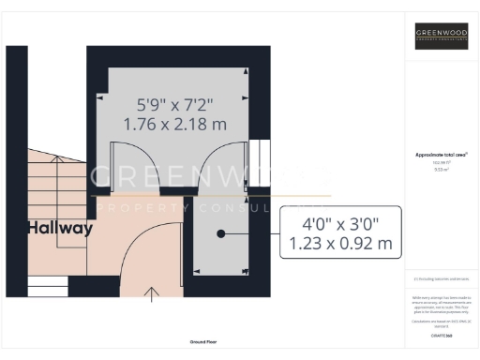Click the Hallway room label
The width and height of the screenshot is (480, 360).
[x=60, y=228]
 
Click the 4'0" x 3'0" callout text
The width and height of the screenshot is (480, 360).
[x=339, y=225]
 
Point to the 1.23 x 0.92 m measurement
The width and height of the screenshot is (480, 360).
[x=339, y=246]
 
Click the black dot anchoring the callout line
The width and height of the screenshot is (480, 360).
[x=220, y=234]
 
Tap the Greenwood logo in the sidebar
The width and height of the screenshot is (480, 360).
[x=441, y=37]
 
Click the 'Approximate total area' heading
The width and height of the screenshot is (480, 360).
[x=441, y=154]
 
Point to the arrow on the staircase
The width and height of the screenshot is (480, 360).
[x=62, y=169]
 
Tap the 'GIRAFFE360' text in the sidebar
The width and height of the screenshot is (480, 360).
[x=441, y=333]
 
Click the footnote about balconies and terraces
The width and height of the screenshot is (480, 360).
[x=441, y=279]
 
